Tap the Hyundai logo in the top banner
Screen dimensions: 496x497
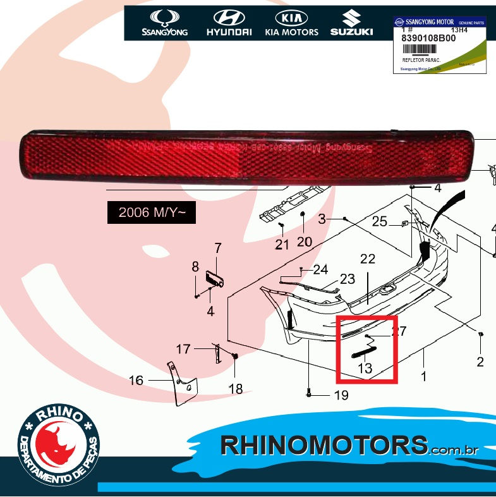point(229,23)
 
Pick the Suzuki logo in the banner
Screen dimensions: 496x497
point(351,23)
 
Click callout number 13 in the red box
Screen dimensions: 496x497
point(365,368)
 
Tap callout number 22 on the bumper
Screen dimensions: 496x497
point(368,258)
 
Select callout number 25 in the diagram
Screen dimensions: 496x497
point(379,221)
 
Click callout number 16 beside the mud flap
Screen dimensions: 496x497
point(136,381)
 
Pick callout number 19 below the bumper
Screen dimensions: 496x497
point(341,396)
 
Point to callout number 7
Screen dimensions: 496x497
point(217,248)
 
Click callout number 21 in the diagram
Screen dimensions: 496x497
point(282,244)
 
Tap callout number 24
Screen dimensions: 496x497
point(321,270)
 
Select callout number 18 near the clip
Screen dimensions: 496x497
point(236,390)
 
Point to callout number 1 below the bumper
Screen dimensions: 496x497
point(423,376)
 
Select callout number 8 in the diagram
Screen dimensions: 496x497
point(195,267)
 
